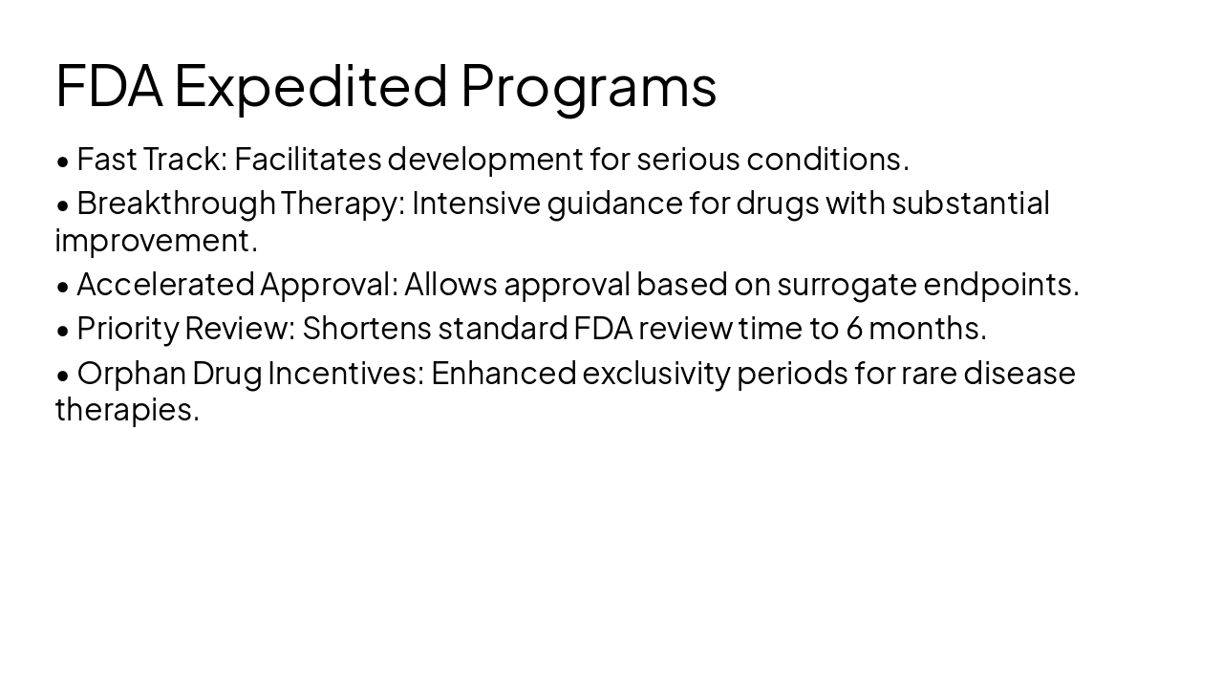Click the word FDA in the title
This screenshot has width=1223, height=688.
(109, 85)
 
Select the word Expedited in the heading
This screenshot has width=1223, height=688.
(311, 86)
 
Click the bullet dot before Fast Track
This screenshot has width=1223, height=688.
(63, 161)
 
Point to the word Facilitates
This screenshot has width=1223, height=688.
(308, 159)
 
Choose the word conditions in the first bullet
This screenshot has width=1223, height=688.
(827, 159)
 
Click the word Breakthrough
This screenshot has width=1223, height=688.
(176, 203)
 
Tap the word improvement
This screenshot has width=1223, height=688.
(156, 241)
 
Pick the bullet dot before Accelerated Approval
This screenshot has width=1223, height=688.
(63, 286)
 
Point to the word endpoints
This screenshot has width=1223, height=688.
(1000, 284)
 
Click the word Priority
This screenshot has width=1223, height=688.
(128, 328)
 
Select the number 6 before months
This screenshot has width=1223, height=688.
(854, 328)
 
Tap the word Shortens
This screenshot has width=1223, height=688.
(367, 328)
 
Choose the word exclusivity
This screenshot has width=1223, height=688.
(655, 372)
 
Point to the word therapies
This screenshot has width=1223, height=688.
(127, 410)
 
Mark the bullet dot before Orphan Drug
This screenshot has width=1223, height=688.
(63, 374)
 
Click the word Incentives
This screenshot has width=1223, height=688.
(345, 372)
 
